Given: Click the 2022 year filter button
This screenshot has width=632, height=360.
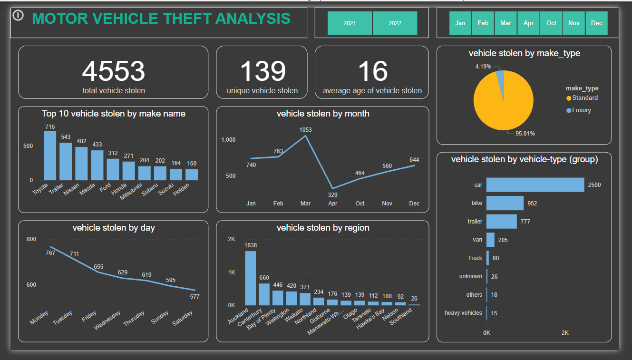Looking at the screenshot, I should pyautogui.click(x=395, y=23).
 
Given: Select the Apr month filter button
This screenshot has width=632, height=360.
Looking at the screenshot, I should pyautogui.click(x=528, y=23).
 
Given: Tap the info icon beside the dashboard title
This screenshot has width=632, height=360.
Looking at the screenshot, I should pyautogui.click(x=18, y=16).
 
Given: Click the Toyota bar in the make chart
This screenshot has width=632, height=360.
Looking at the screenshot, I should pyautogui.click(x=50, y=156).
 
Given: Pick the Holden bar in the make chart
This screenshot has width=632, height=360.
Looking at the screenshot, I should pyautogui.click(x=192, y=175).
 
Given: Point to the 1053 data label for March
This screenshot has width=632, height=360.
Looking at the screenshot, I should pyautogui.click(x=305, y=129).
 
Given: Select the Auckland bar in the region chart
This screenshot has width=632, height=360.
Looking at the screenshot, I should pyautogui.click(x=251, y=278).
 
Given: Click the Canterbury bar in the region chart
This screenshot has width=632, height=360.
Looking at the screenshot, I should pyautogui.click(x=264, y=294).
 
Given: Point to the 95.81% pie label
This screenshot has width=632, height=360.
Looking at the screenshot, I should pyautogui.click(x=525, y=134).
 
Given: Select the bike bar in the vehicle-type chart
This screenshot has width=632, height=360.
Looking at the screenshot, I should pyautogui.click(x=505, y=203).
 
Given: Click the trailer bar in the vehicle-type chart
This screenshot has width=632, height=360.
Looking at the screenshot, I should pyautogui.click(x=501, y=222).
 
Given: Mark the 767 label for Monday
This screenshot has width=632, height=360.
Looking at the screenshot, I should pyautogui.click(x=50, y=253).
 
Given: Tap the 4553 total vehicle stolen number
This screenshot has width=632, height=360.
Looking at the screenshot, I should pyautogui.click(x=113, y=71).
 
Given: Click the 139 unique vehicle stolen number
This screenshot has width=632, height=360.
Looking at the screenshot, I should pyautogui.click(x=263, y=71).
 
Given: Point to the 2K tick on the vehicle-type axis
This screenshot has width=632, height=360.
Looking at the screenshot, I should pyautogui.click(x=565, y=333).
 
